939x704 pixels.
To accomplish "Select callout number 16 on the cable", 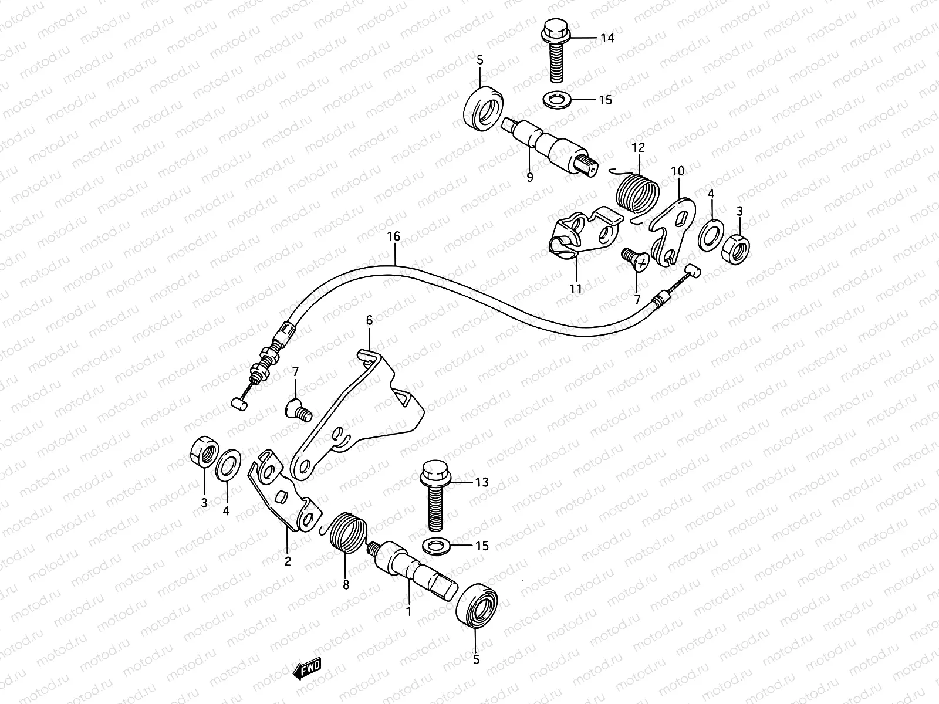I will [393, 237].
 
